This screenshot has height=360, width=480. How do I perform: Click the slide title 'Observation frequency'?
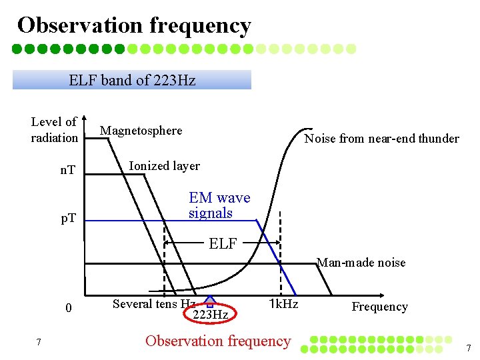pos(134,25)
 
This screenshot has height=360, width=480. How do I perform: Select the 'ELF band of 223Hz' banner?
pos(132,81)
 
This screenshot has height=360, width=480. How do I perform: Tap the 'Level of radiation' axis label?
pos(54,130)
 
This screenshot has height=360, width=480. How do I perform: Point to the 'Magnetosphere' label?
pos(141,131)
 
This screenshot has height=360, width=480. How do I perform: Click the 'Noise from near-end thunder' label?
pos(381,139)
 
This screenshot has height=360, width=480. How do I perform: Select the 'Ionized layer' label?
pos(164,165)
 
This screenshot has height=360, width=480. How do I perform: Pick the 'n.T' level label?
pos(67,171)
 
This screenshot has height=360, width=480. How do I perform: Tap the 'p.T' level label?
pos(67,218)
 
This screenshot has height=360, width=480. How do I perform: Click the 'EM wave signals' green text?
pos(219,205)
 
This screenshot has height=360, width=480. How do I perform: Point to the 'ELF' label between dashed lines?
pos(223,244)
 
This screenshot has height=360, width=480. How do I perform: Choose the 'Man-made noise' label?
pos(361,263)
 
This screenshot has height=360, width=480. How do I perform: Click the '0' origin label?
pos(68,308)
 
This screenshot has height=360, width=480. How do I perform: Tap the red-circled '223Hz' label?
pos(210,314)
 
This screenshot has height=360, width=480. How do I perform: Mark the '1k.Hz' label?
pos(283,304)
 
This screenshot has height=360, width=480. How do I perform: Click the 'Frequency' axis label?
pos(379,307)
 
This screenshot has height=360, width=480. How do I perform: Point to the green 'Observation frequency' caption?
pos(218,341)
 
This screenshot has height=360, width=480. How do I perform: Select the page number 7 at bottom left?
pos(39,343)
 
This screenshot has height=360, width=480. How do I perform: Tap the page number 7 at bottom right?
pos(469,348)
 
